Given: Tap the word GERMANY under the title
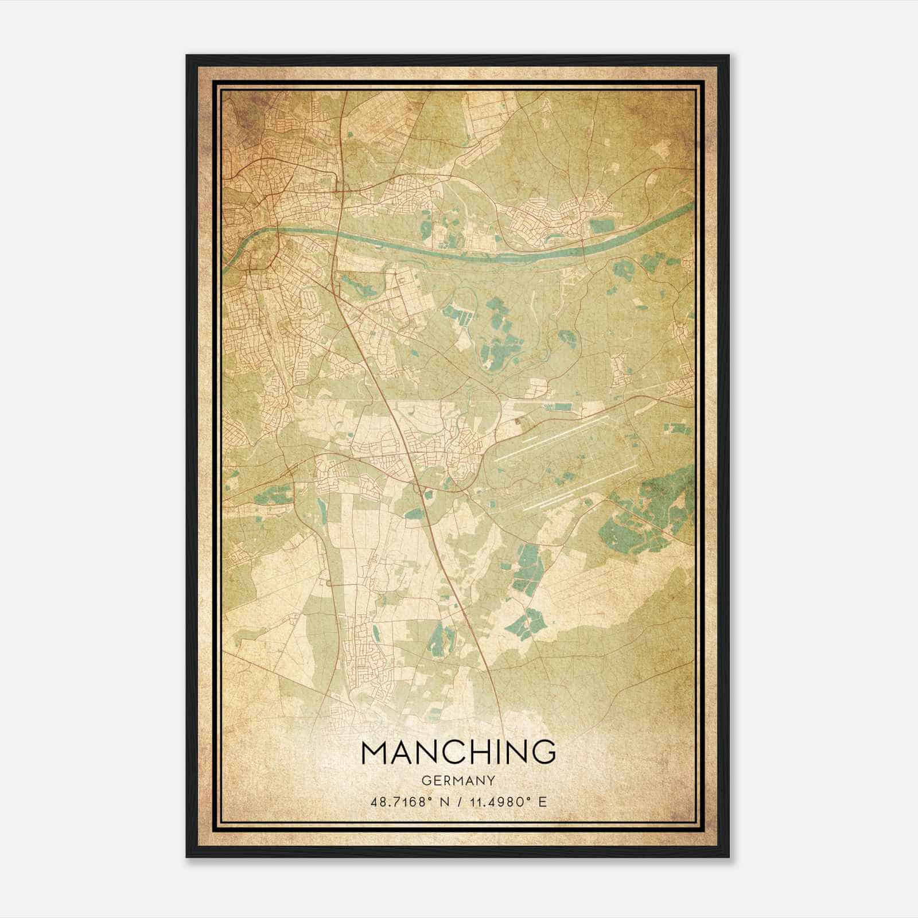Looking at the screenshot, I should (459, 780).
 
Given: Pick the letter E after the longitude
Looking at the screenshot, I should (542, 802).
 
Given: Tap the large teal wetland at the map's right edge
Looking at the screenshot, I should (654, 505).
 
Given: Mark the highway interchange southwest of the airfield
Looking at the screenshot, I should (423, 491).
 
